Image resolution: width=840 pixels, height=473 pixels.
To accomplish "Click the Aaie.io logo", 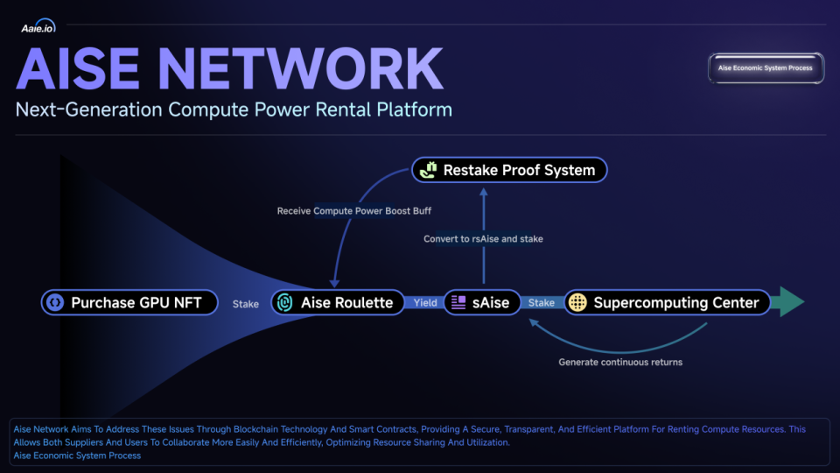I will [38, 27].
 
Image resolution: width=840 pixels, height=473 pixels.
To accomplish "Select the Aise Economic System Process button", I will [765, 68].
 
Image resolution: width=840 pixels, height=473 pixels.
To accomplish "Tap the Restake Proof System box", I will [508, 170].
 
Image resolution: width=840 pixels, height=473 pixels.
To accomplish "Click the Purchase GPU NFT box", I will [129, 303].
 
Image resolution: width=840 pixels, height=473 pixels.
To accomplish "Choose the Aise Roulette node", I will [338, 303].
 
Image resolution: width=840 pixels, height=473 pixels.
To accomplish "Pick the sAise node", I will [481, 303].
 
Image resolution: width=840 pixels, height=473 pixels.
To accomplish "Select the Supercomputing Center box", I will [667, 303].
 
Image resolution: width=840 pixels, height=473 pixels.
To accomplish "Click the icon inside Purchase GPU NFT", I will [55, 303].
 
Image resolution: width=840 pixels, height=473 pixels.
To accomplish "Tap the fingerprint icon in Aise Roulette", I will [285, 303].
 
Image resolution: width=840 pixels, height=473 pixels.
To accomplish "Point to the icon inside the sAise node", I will [458, 303].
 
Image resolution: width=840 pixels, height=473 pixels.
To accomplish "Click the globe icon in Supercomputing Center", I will [577, 303].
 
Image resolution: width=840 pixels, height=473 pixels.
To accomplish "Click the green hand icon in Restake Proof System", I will [428, 170].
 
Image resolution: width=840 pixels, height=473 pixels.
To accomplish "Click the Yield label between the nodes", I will [425, 303].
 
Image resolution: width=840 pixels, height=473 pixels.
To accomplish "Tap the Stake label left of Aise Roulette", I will [246, 304].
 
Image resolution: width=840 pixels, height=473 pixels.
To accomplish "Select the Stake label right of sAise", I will [542, 303].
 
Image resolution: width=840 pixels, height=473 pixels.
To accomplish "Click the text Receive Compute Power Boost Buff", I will [354, 211].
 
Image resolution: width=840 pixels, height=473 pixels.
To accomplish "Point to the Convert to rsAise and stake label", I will [483, 239].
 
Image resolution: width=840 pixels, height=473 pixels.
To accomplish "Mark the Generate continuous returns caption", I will [620, 362].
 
